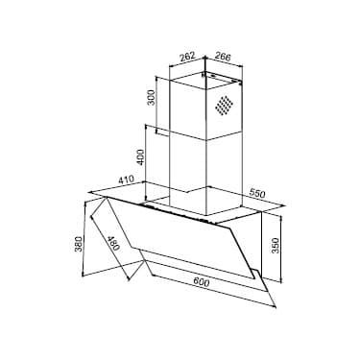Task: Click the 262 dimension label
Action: click(x=187, y=57)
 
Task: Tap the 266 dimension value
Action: click(x=223, y=57)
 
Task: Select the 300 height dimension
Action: click(x=151, y=97)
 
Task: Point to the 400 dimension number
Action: click(x=141, y=157)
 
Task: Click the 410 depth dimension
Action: click(x=126, y=180)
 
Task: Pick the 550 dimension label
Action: click(x=257, y=193)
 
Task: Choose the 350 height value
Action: click(x=276, y=245)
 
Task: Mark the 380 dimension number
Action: click(x=79, y=244)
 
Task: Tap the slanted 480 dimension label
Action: click(x=113, y=243)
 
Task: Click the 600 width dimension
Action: click(x=201, y=282)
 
